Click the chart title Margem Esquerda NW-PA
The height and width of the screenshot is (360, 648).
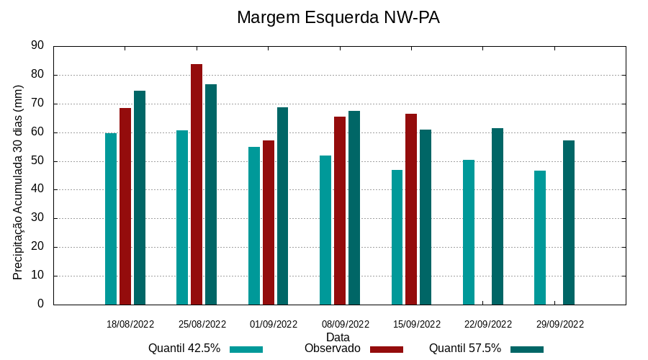click(x=338, y=17)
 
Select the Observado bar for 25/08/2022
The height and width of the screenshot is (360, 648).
click(x=197, y=184)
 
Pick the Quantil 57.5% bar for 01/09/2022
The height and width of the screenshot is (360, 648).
click(x=282, y=206)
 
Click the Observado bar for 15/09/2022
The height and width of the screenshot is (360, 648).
click(x=411, y=209)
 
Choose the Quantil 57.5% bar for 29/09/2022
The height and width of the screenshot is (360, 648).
click(x=569, y=222)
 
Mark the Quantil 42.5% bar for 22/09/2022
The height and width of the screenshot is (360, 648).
click(x=469, y=232)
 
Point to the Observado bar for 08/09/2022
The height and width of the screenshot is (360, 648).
click(x=340, y=210)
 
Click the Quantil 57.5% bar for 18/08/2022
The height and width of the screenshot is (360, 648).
click(x=140, y=197)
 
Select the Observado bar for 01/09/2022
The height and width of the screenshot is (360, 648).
click(x=269, y=222)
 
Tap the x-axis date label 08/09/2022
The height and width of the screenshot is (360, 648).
click(x=346, y=324)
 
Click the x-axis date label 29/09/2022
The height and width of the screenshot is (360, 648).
click(x=560, y=324)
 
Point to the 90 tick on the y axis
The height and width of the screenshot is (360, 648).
click(x=37, y=45)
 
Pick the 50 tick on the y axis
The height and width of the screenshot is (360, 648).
click(x=37, y=161)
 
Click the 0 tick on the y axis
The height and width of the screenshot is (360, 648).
click(x=40, y=304)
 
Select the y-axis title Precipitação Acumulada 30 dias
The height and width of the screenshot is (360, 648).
click(x=18, y=182)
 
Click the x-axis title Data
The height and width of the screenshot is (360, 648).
click(x=338, y=336)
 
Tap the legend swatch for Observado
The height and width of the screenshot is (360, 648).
click(x=387, y=349)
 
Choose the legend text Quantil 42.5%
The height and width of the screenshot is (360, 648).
click(x=184, y=348)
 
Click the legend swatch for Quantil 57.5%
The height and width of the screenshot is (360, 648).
click(x=527, y=349)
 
